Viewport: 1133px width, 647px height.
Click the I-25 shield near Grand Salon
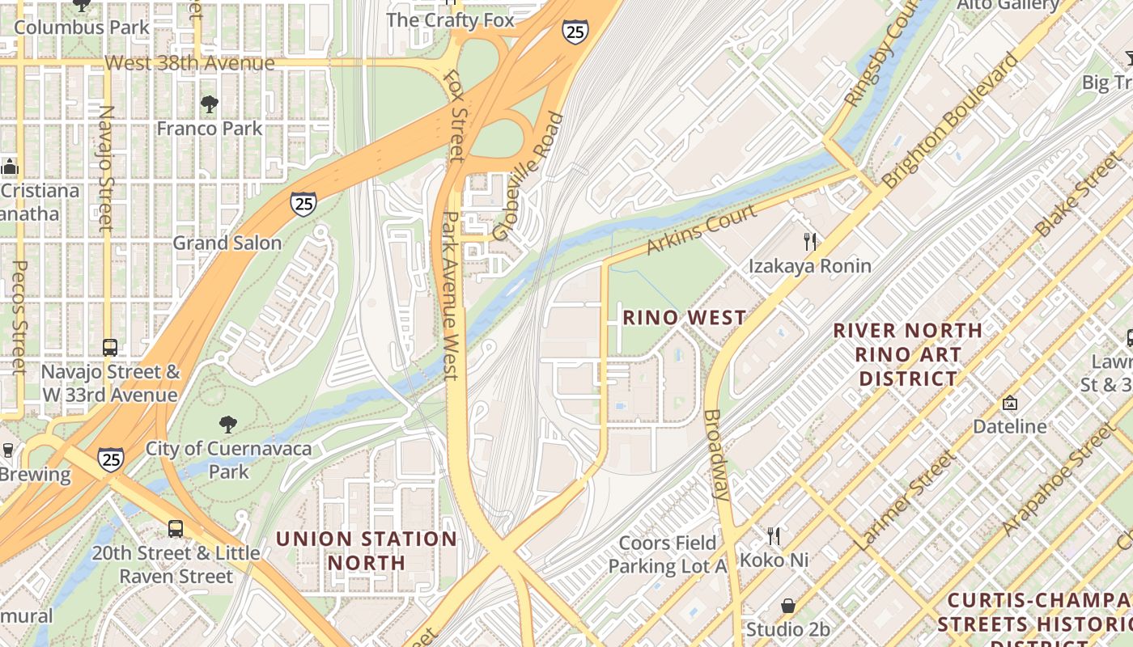tap(303, 203)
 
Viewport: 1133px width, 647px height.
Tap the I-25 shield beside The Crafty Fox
tap(575, 31)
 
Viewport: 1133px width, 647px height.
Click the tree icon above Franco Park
tap(210, 104)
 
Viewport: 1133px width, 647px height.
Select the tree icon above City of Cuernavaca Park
tap(228, 424)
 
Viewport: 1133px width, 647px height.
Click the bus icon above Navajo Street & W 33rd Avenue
tap(110, 348)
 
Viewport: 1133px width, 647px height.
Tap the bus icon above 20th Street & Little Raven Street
tap(176, 529)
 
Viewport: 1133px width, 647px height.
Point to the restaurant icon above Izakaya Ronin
tap(809, 240)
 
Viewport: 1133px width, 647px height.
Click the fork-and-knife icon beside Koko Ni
tap(774, 535)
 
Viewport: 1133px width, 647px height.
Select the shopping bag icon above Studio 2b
tap(787, 606)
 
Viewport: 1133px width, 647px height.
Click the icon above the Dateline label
tap(1009, 402)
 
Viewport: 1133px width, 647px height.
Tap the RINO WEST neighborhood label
tap(684, 318)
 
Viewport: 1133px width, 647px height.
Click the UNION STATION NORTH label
tap(367, 550)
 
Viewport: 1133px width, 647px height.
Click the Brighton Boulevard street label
tap(952, 121)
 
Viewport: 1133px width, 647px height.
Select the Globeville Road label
tap(528, 177)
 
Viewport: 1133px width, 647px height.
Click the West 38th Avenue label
tap(189, 62)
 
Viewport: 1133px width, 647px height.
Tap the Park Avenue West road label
tap(450, 295)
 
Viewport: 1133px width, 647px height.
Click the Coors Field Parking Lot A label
tap(668, 554)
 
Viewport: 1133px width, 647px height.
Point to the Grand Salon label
tap(227, 243)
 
